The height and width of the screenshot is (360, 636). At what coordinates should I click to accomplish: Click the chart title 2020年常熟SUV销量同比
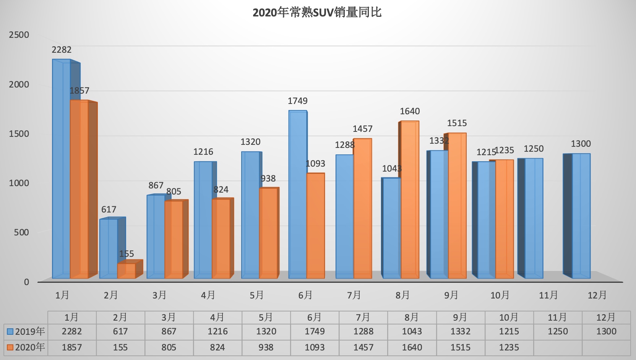coord(317,13)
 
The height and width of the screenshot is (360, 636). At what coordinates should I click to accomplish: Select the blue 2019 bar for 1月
coord(61,168)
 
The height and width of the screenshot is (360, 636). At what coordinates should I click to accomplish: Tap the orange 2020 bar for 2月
coord(126,271)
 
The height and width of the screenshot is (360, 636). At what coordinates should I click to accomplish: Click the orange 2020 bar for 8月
coord(410,199)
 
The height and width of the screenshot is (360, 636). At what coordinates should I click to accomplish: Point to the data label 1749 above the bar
coord(297,101)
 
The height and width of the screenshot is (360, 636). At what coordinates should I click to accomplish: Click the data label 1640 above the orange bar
coord(410,111)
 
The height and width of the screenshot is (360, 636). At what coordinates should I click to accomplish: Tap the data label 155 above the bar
coord(127,254)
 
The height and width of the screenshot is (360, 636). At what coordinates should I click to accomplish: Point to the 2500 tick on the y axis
coord(19,35)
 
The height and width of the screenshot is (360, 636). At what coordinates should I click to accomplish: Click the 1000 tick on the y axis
coord(19,183)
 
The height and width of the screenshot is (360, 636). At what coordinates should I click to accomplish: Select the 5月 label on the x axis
coord(256,295)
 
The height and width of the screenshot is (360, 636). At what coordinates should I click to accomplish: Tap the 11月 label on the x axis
coord(548,295)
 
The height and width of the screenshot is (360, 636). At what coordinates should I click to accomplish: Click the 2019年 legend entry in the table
coord(26,331)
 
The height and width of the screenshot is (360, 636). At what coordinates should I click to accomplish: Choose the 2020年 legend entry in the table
coord(26,347)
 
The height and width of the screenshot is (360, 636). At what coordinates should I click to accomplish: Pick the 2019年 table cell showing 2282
coord(72,331)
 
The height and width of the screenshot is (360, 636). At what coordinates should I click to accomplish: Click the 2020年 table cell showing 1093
coord(315,347)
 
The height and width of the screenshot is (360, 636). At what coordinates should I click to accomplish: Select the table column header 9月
coord(460,317)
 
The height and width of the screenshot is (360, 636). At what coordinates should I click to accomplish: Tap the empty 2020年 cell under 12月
coord(606,347)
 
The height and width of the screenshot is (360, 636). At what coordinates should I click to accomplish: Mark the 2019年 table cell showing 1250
coord(558,331)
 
